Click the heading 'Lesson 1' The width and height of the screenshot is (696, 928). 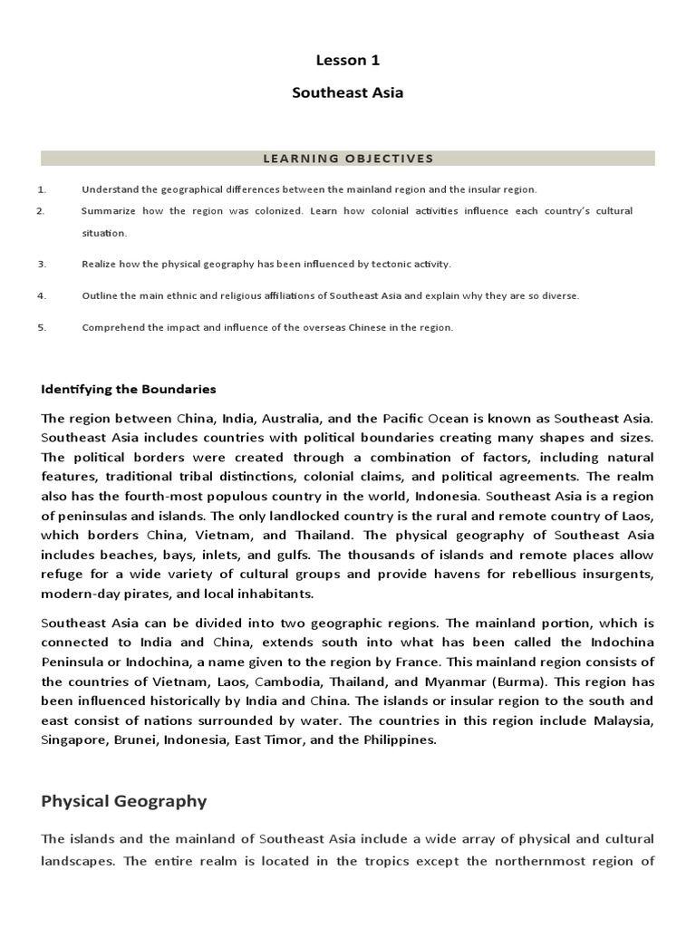coord(348,61)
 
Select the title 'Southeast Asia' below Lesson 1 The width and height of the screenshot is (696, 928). coord(348,92)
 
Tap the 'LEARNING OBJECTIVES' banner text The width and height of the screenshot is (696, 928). coord(348,159)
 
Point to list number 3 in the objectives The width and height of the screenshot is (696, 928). coord(42,264)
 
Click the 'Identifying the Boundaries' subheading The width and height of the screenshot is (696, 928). coord(129,389)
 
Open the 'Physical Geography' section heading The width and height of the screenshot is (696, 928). coord(124,801)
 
